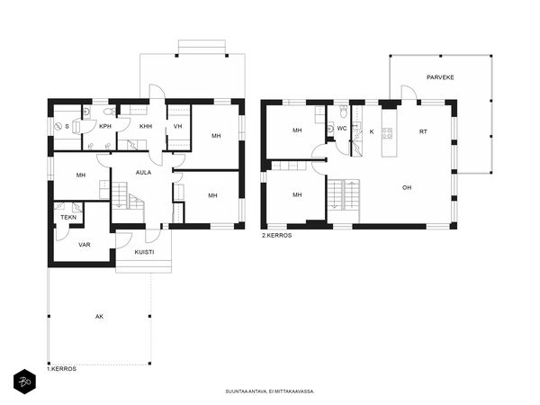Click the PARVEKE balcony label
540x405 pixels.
(x=440, y=77)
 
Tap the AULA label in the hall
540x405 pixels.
(x=143, y=173)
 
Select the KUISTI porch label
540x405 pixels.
(x=144, y=252)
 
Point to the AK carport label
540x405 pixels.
(x=99, y=317)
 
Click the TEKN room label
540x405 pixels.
(x=68, y=218)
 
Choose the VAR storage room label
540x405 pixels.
(x=85, y=245)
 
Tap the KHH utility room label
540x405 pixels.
(x=146, y=126)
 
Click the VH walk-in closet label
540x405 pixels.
(x=177, y=126)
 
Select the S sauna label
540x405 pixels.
(x=67, y=126)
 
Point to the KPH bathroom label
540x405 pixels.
(x=105, y=126)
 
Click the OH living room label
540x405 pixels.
(x=407, y=188)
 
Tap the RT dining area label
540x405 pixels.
(x=423, y=131)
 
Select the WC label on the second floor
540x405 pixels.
(x=342, y=129)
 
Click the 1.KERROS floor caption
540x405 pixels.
(x=61, y=369)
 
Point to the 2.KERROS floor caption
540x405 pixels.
(x=277, y=236)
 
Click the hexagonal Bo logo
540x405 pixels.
(x=24, y=382)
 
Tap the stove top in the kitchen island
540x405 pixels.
(x=387, y=133)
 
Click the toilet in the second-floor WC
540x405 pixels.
(x=344, y=111)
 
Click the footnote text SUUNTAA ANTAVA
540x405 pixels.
(x=247, y=391)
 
